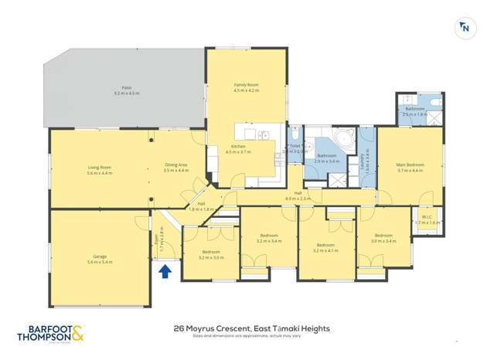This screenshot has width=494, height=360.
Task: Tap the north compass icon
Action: click(465, 29)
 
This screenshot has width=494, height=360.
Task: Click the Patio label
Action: click(125, 88)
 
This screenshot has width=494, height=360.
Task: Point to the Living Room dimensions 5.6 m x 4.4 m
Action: click(100, 174)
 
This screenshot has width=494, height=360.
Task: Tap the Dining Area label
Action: click(176, 165)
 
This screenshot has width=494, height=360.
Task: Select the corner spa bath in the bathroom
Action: click(344, 141)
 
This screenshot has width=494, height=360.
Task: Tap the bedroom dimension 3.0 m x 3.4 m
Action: click(384, 241)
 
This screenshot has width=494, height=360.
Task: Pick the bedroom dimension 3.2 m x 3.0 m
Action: click(211, 256)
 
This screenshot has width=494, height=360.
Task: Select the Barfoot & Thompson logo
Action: click(50, 334)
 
